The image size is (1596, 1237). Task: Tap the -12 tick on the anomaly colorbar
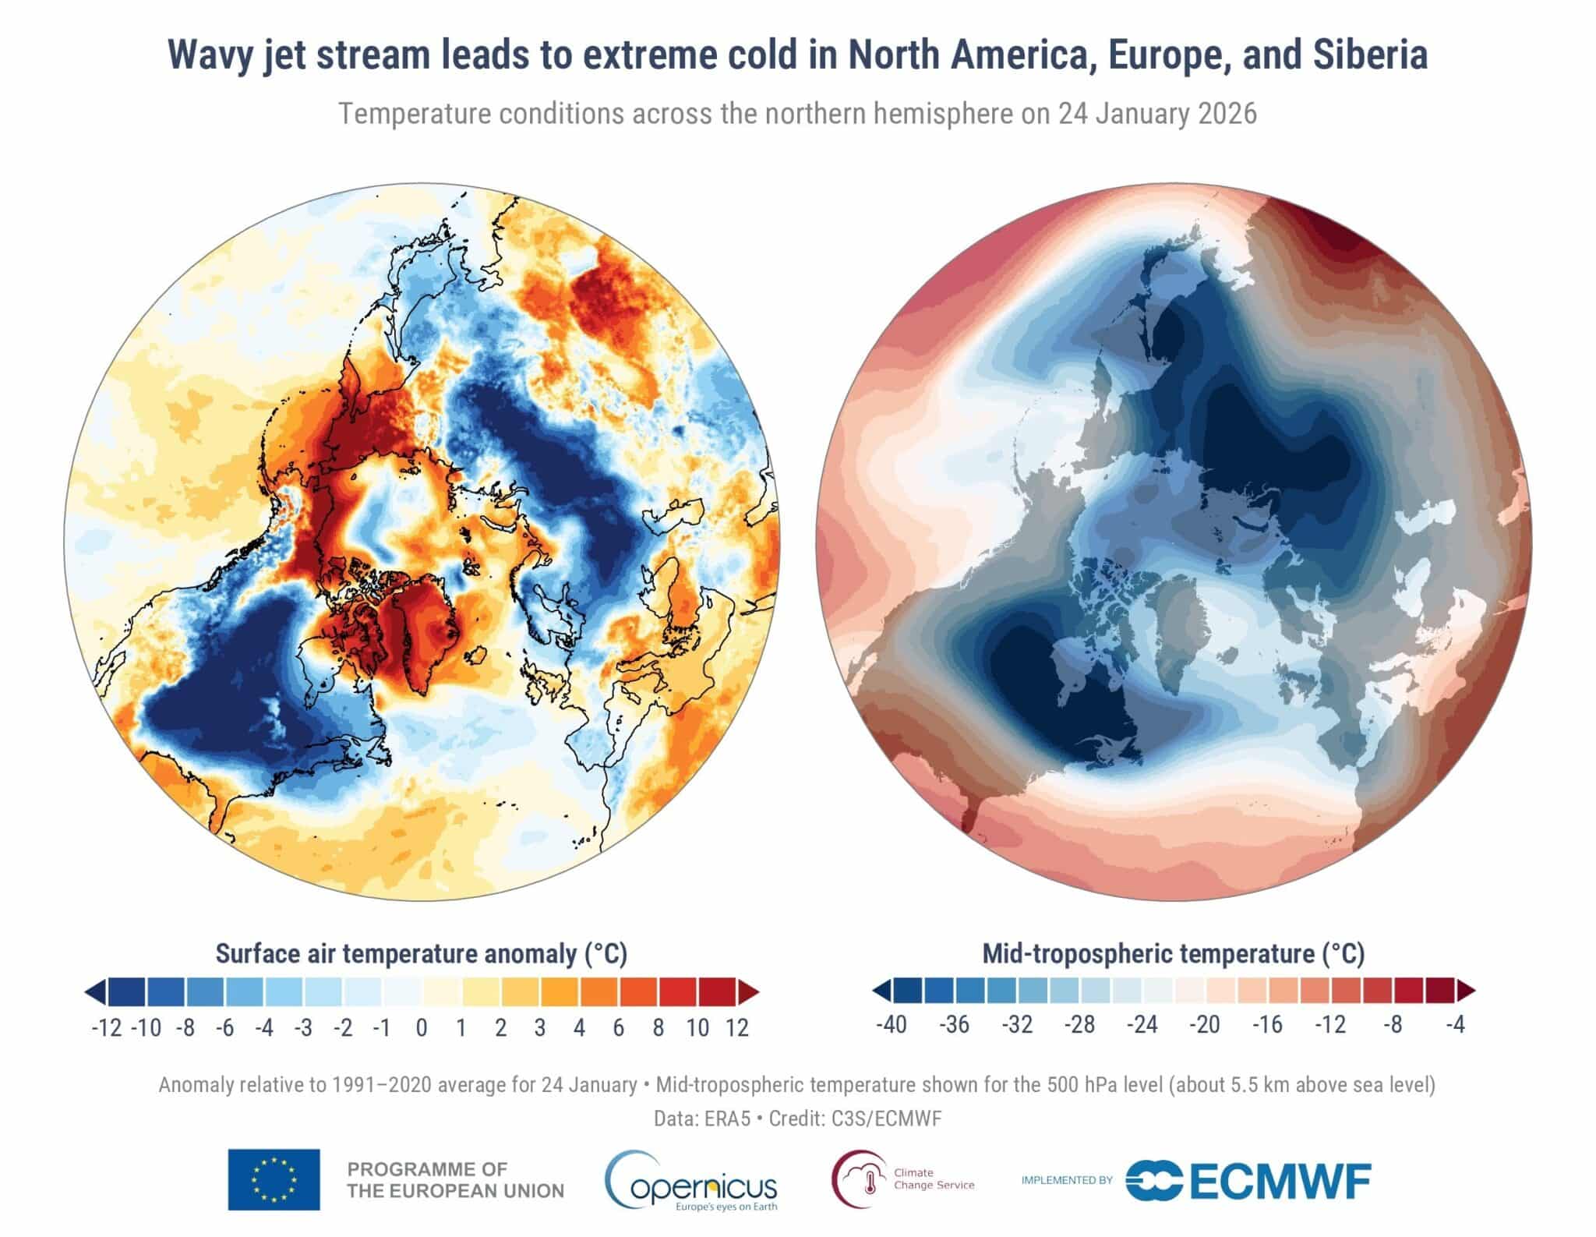(x=107, y=1027)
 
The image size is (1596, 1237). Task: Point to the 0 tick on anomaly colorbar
(x=422, y=1027)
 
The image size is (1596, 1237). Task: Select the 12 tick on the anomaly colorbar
(x=737, y=1027)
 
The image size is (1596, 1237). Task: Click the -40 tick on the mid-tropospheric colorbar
(x=892, y=1024)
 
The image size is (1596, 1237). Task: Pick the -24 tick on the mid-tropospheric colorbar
(x=1142, y=1024)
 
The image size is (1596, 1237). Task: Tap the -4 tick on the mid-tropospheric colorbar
(x=1456, y=1024)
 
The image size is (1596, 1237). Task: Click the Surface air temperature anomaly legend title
(x=421, y=953)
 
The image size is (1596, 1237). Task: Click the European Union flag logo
(x=274, y=1179)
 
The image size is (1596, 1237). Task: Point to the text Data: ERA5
(x=702, y=1119)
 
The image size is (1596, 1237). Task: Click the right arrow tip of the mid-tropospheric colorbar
(x=1471, y=991)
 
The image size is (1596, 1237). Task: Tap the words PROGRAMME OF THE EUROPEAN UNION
(x=455, y=1180)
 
